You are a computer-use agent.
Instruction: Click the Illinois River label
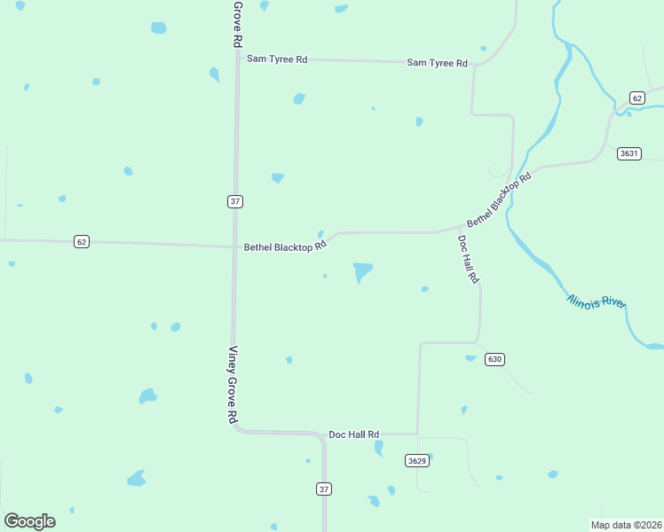pyautogui.click(x=597, y=301)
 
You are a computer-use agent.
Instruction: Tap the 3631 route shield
pyautogui.click(x=628, y=153)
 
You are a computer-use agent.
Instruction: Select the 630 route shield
pyautogui.click(x=494, y=359)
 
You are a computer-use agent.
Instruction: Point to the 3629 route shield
pyautogui.click(x=417, y=460)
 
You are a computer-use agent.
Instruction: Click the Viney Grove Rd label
pyautogui.click(x=233, y=384)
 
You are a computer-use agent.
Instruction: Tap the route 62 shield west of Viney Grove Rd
pyautogui.click(x=82, y=241)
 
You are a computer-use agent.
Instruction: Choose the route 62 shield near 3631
pyautogui.click(x=636, y=98)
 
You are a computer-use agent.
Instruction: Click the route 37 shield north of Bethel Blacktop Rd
pyautogui.click(x=234, y=201)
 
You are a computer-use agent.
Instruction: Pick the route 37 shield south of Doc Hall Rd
pyautogui.click(x=324, y=489)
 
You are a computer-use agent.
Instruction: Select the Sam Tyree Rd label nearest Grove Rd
pyautogui.click(x=277, y=59)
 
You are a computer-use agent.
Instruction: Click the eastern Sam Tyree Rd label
pyautogui.click(x=437, y=63)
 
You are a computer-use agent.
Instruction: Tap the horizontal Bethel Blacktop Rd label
pyautogui.click(x=285, y=247)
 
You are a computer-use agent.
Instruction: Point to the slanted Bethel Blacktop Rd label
pyautogui.click(x=498, y=199)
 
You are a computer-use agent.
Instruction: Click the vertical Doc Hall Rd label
pyautogui.click(x=469, y=259)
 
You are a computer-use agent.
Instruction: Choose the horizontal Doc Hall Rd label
pyautogui.click(x=353, y=434)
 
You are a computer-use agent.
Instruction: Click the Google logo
pyautogui.click(x=30, y=521)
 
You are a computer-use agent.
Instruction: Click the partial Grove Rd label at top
pyautogui.click(x=237, y=23)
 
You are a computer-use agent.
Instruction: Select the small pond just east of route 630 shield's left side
pyautogui.click(x=470, y=358)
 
